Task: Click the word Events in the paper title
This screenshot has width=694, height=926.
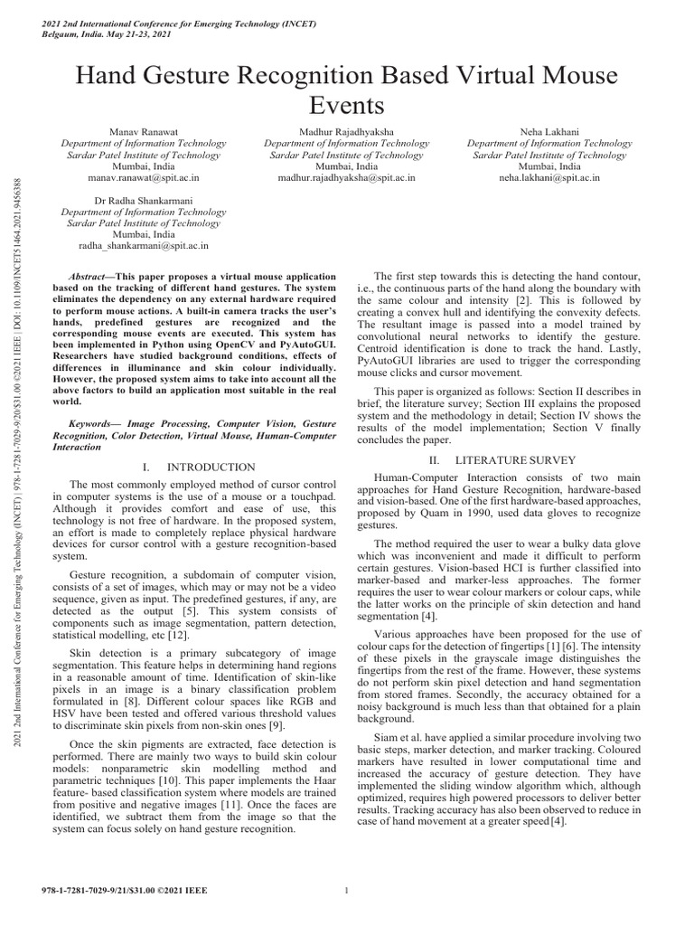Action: (x=347, y=106)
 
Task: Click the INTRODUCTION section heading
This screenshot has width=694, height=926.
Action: (x=213, y=467)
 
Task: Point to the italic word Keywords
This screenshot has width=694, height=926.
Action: (x=94, y=422)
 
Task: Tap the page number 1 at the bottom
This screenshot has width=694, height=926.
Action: (x=347, y=891)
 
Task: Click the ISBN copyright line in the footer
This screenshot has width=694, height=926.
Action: (x=126, y=891)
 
